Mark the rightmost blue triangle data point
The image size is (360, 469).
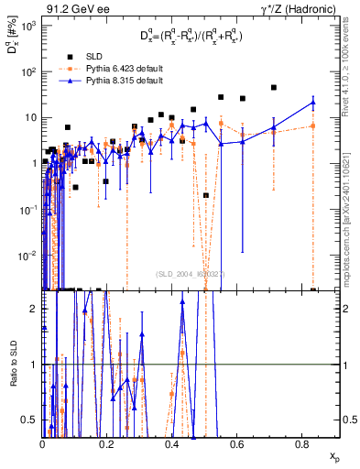313,102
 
